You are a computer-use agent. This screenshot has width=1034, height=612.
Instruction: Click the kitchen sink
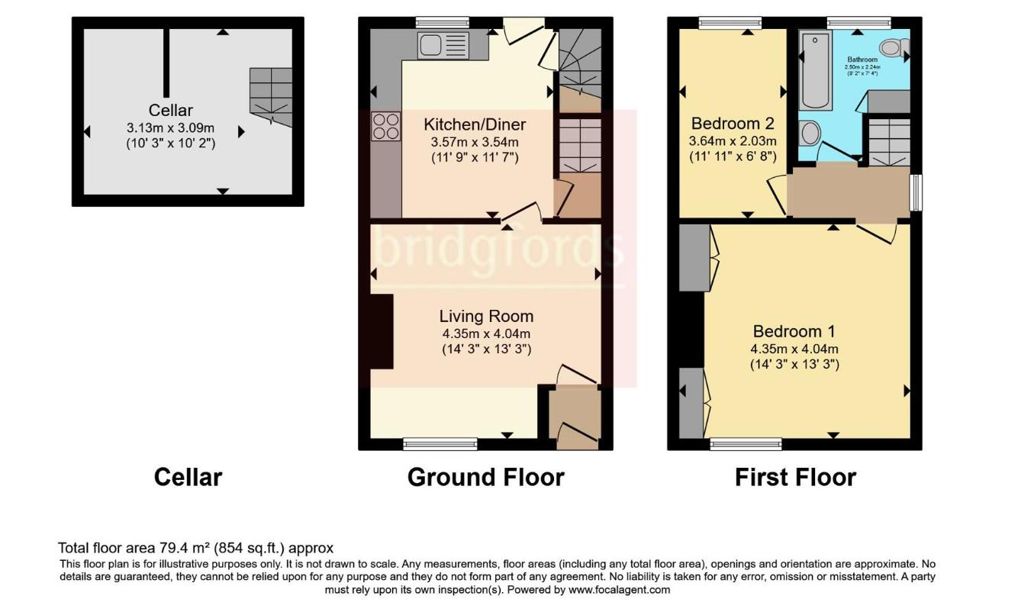pos(443,45)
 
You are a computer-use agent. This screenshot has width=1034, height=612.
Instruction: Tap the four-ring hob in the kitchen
pos(386,127)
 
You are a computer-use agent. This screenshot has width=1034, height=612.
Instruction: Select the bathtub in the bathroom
pos(816,70)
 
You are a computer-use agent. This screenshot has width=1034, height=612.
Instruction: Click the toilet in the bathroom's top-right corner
pos(895,48)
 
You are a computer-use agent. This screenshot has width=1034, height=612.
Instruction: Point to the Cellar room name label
pos(171,111)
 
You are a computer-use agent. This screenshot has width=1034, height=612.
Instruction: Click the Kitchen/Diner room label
pos(475,124)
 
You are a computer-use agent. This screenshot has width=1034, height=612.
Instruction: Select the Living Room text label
pos(486,316)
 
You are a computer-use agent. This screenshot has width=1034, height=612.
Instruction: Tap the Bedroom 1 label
pos(794,331)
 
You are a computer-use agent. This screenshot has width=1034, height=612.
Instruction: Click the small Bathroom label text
pos(862,60)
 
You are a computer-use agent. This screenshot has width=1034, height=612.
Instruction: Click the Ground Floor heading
pos(485,477)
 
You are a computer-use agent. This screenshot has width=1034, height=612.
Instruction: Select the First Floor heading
pos(795,477)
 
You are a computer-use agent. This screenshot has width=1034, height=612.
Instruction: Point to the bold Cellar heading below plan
pos(188,477)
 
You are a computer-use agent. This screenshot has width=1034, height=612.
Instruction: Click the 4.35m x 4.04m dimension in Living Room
pos(486,333)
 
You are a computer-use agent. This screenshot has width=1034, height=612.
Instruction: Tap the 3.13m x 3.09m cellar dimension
pos(171,127)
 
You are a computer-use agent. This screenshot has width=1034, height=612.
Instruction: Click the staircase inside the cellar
pos(271,96)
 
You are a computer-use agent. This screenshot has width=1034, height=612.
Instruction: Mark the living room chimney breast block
pos(382,331)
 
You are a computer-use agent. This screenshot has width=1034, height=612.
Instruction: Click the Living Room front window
pos(440,443)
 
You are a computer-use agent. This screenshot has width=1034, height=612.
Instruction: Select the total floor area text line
pos(196,548)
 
